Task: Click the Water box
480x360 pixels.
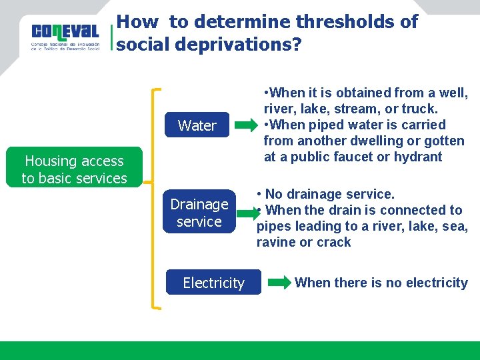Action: click(x=197, y=125)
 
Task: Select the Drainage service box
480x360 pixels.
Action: click(x=199, y=213)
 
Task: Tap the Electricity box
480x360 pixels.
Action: click(x=213, y=283)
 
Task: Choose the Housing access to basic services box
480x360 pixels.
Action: click(x=74, y=169)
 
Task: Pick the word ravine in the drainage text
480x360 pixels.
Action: click(x=276, y=242)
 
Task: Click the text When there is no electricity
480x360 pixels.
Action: click(x=381, y=283)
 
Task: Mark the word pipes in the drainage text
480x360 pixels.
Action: click(x=274, y=226)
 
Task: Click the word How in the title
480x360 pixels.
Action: click(x=138, y=22)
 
